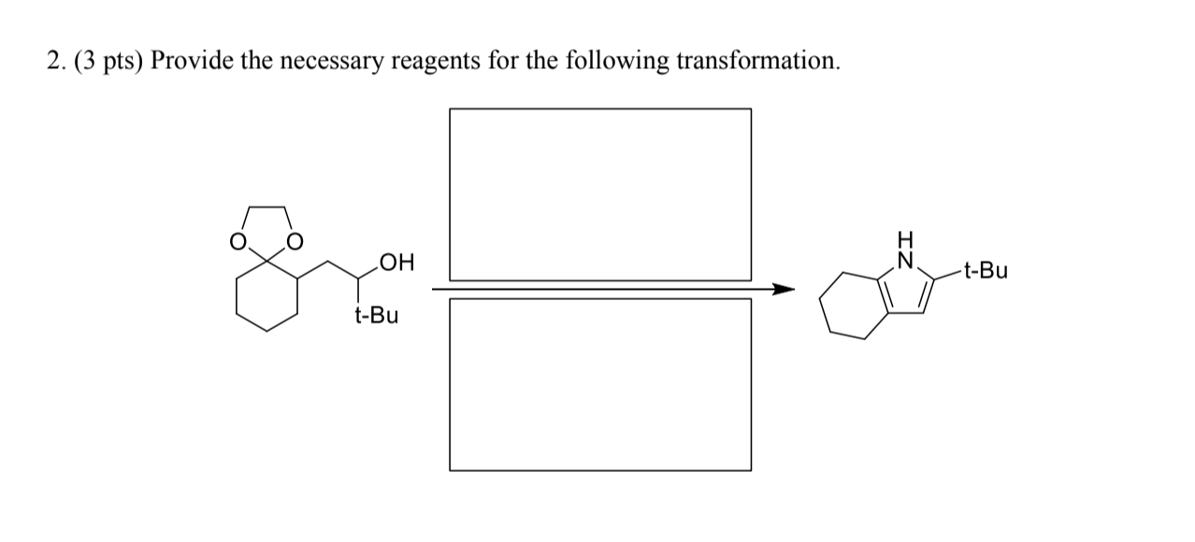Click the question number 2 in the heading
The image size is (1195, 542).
point(52,62)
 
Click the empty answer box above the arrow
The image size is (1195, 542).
point(599,193)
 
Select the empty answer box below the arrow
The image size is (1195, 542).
point(599,384)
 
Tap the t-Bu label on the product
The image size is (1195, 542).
point(986,272)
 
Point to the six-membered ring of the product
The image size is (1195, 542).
point(853,302)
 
